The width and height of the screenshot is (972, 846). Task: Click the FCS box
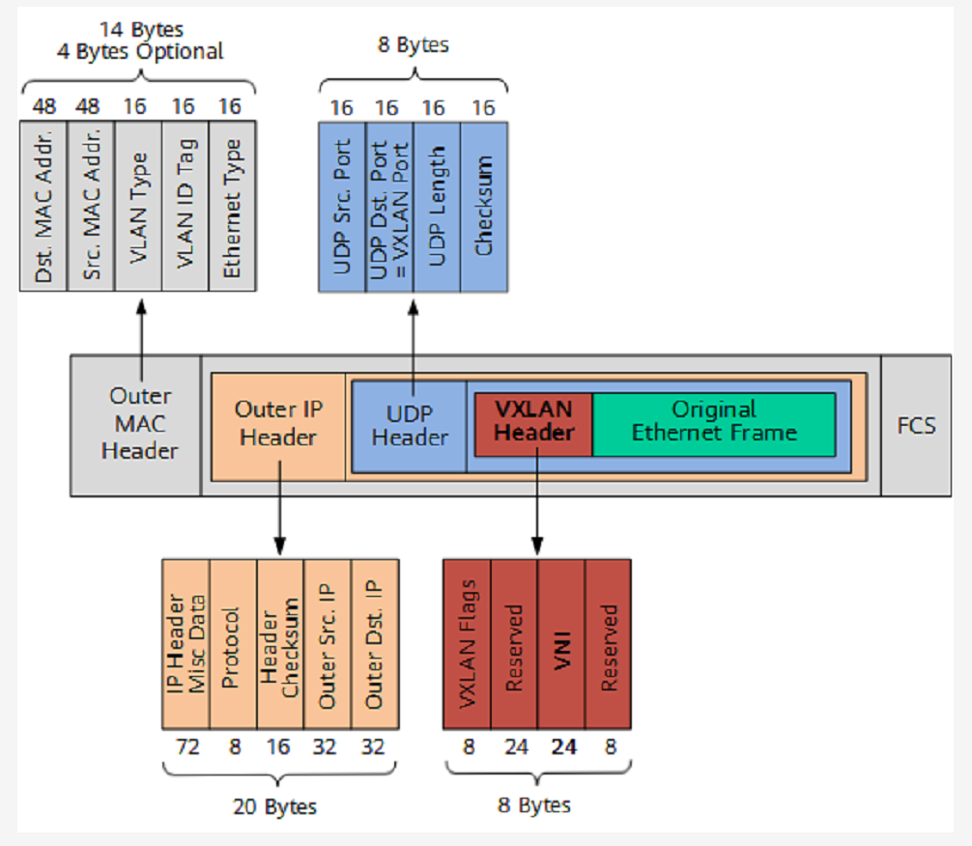pos(915,425)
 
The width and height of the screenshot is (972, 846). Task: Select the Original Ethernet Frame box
pos(714,422)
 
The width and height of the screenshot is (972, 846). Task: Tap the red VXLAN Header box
pos(533,422)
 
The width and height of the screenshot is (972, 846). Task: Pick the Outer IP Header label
pos(278,423)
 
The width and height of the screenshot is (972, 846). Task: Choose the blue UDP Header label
pos(410,424)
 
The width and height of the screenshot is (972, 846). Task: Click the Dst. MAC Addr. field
pos(43,205)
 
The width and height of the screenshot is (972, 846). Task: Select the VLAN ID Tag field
pos(186,205)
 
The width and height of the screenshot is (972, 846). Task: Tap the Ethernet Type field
pos(233,205)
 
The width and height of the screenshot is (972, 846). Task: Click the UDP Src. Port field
pos(342,205)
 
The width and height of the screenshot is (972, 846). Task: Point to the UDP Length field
pos(437,205)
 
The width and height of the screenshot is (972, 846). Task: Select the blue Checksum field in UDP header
pos(484,205)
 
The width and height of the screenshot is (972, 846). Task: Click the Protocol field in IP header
pos(232,644)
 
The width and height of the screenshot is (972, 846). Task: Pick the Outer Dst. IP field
pos(375,644)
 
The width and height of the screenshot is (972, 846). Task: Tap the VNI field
pos(561,644)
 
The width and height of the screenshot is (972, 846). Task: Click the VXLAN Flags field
pos(468,644)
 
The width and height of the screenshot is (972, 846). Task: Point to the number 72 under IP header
pos(186,747)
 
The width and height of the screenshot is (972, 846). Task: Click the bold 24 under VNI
pos(562,747)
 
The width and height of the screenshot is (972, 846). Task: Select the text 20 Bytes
pos(278,804)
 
